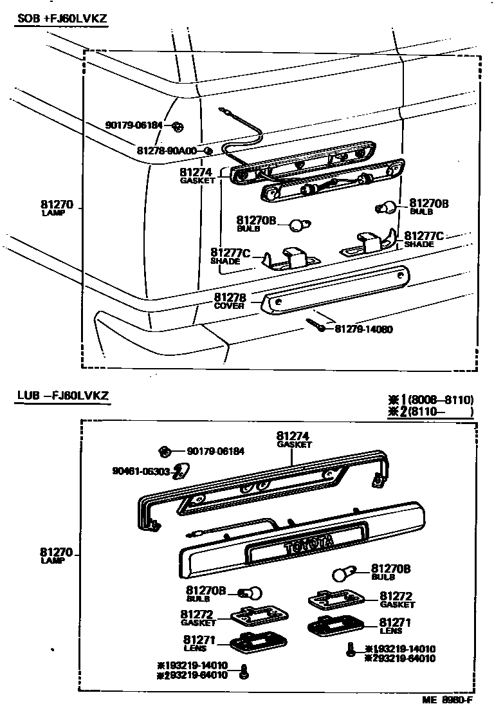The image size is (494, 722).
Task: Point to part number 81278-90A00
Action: tap(167, 151)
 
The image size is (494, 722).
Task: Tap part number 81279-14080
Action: tap(363, 329)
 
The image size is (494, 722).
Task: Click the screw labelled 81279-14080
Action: tap(318, 324)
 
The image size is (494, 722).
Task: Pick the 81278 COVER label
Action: tap(230, 301)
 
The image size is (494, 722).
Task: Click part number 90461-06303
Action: tap(139, 472)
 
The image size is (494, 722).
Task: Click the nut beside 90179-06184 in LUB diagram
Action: tap(165, 450)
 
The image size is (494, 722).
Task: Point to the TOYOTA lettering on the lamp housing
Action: tap(308, 544)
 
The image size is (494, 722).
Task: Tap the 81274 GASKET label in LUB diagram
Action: tap(294, 439)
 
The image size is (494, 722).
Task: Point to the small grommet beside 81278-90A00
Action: tap(208, 151)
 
